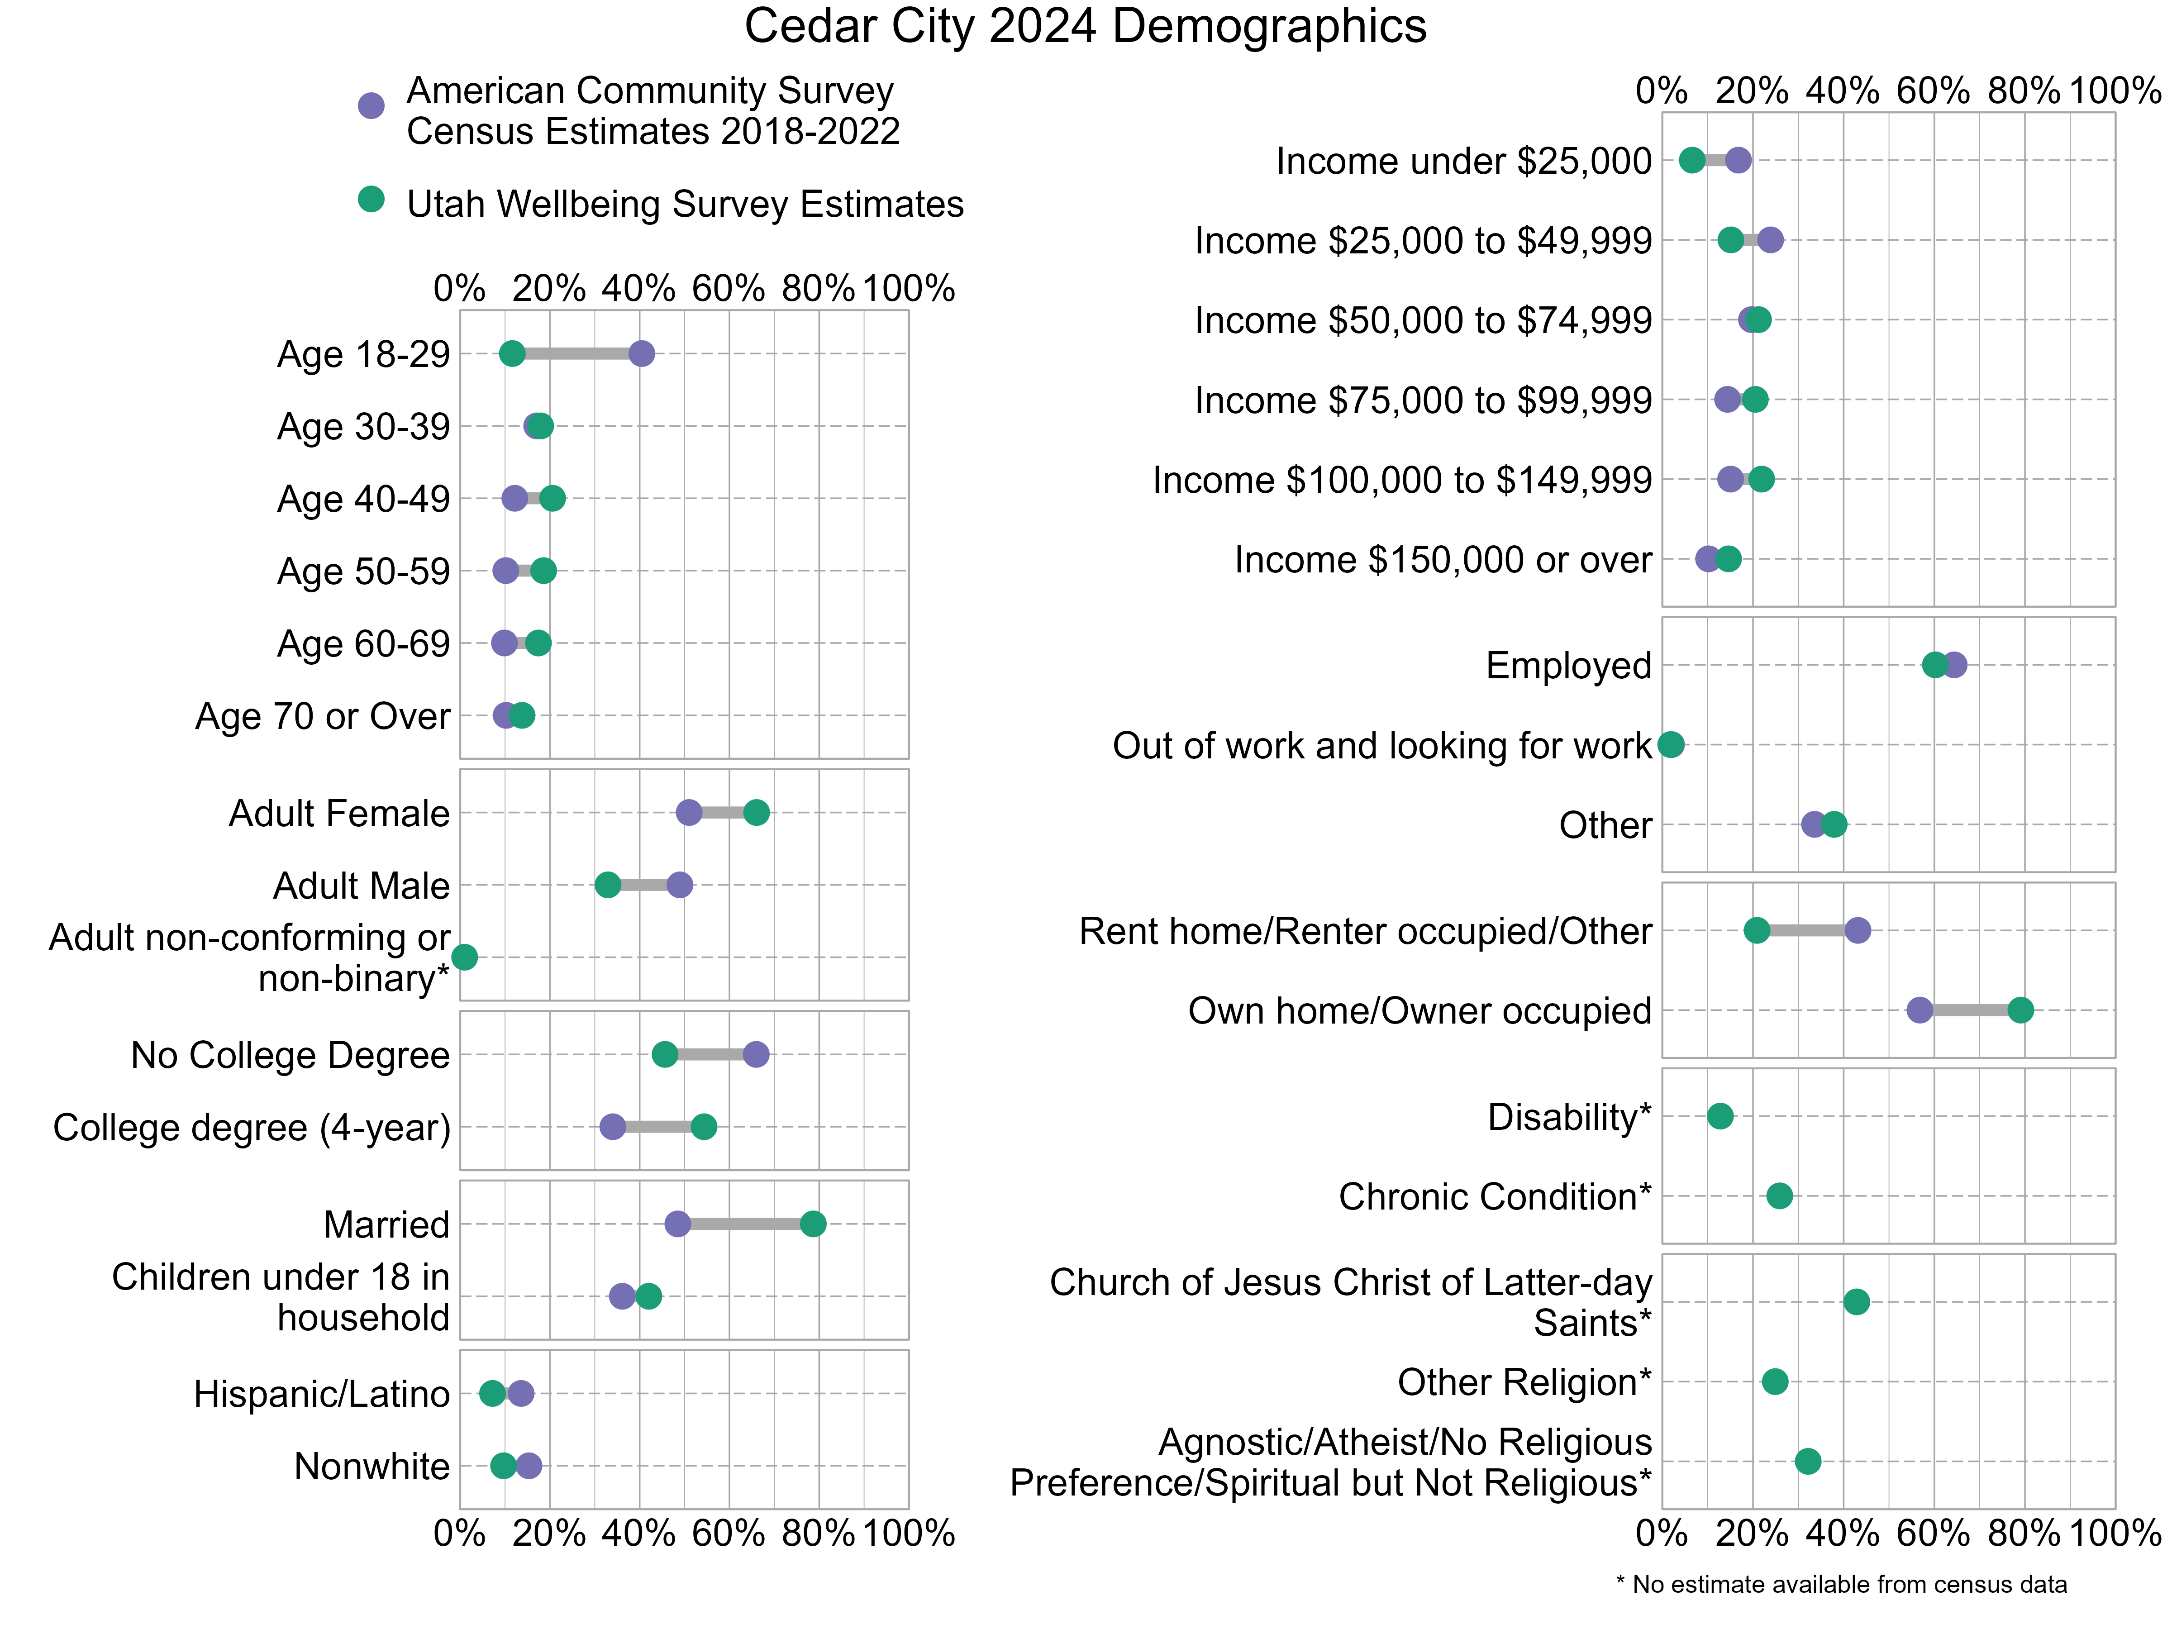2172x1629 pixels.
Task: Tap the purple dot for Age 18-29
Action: (641, 353)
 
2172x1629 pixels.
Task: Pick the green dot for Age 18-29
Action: (512, 353)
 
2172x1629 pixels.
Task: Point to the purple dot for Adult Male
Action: (680, 885)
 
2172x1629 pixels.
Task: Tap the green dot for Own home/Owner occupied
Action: (2020, 1010)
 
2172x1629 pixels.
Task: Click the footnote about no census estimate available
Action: (1841, 1584)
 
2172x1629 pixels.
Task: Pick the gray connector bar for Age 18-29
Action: (576, 353)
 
